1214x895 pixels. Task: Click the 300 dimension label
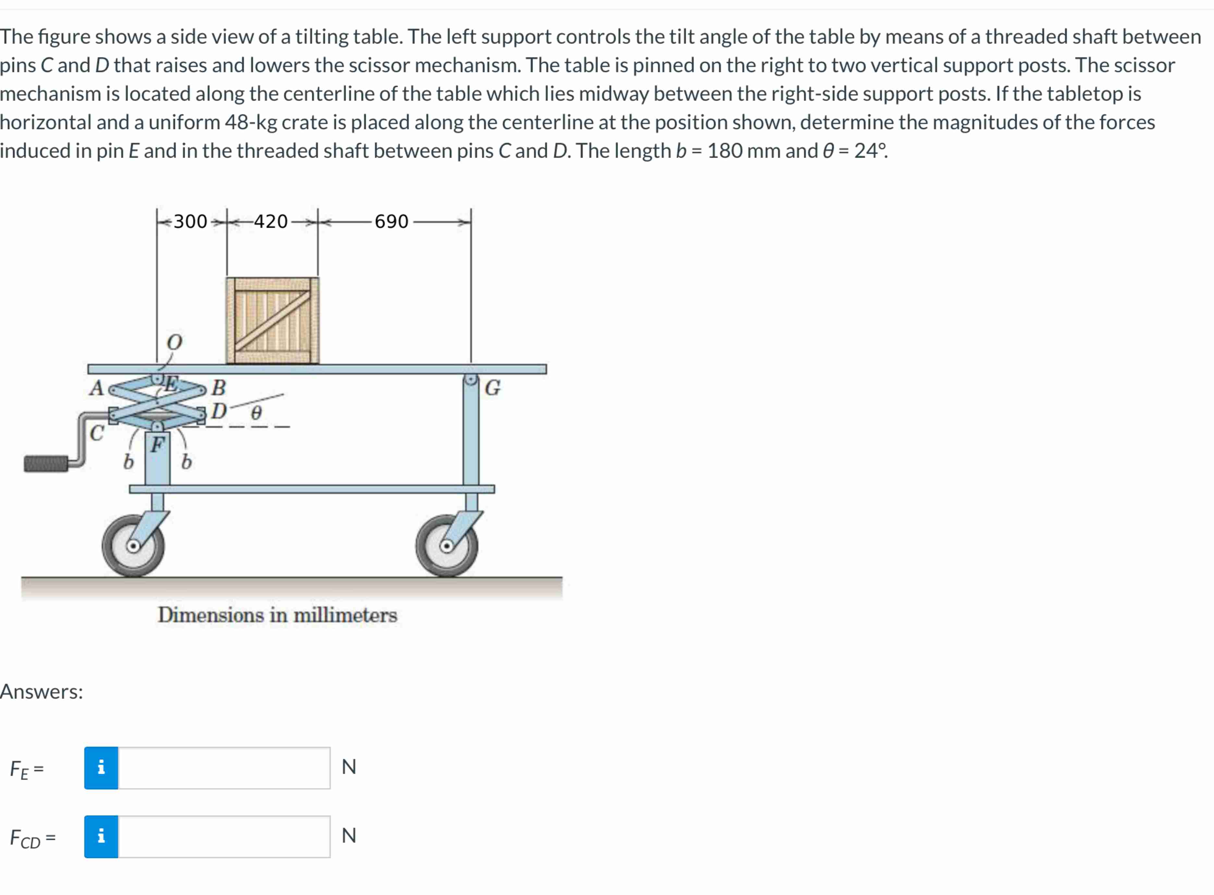click(190, 221)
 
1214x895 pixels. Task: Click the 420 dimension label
click(271, 221)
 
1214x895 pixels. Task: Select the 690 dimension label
click(391, 221)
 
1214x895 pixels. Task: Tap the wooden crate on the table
click(272, 320)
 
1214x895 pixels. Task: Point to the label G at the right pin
click(492, 388)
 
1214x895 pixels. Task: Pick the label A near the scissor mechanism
click(96, 388)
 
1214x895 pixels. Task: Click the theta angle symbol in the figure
click(256, 413)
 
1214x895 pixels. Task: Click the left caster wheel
click(133, 545)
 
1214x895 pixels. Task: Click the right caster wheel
click(447, 545)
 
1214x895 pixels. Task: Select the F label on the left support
click(157, 445)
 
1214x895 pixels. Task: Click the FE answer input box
click(223, 768)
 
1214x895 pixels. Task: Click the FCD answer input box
click(223, 837)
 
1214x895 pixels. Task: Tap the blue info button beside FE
click(101, 768)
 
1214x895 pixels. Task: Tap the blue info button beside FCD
click(101, 837)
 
